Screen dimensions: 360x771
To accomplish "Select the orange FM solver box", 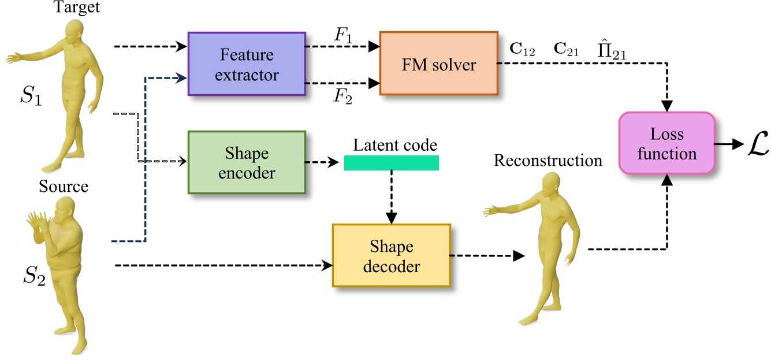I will (438, 64).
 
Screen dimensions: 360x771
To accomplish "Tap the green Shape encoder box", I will (246, 162).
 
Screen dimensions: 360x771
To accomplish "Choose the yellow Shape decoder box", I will (391, 255).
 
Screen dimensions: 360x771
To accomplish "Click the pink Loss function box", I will (667, 143).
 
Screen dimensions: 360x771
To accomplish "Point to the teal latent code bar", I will (391, 163).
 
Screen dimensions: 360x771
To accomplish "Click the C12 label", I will (523, 51).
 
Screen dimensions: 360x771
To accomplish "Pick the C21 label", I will (567, 51).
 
